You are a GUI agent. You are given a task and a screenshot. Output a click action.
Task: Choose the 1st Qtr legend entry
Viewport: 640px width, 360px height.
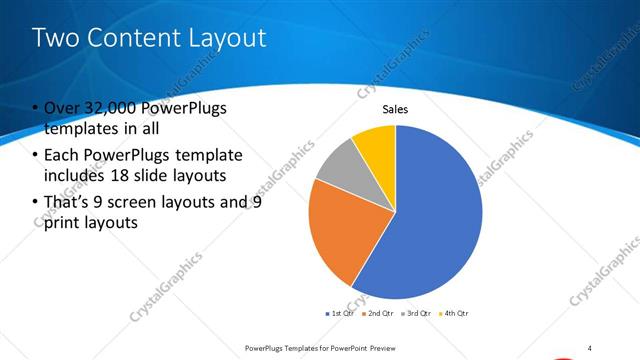340,313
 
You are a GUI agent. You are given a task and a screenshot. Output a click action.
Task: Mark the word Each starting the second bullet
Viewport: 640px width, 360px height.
63,156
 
